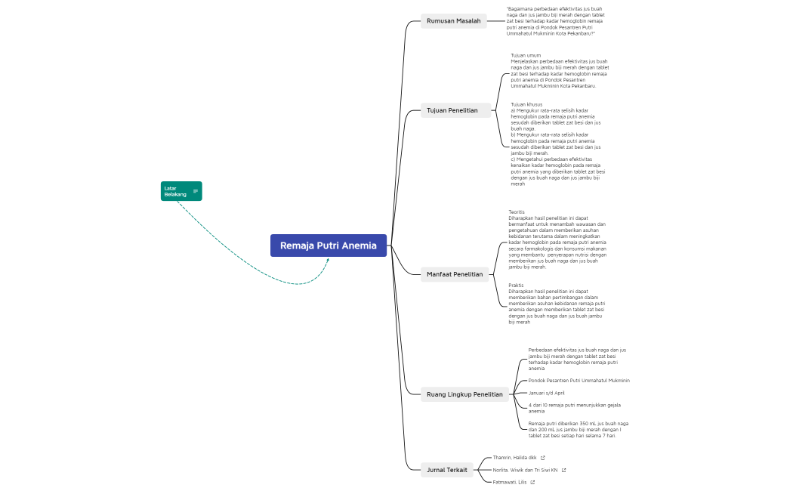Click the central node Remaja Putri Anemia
pos(329,246)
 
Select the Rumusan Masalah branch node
pos(453,21)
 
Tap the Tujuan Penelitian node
pos(452,110)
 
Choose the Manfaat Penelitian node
pos(455,274)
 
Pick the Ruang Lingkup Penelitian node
pos(464,394)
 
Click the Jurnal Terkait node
pos(446,470)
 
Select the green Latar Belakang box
pos(177,191)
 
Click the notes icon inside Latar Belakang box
pos(196,191)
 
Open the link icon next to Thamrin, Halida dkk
pos(543,458)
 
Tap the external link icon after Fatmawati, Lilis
pos(532,482)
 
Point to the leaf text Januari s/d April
pos(546,393)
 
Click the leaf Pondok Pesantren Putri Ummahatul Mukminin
pos(579,381)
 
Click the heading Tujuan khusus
pos(526,104)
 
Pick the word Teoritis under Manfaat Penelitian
pos(517,212)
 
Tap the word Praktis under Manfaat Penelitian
pos(516,286)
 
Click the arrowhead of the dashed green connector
pos(328,261)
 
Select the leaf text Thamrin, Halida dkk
pos(514,458)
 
